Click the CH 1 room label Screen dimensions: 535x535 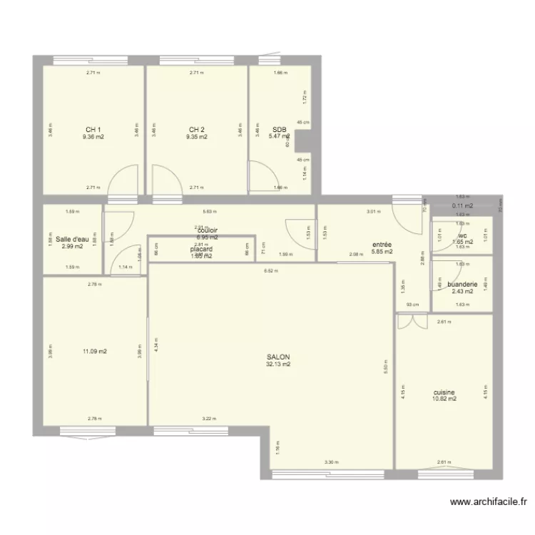(x=93, y=130)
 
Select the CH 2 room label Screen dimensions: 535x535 (x=197, y=130)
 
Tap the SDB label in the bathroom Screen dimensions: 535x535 (x=279, y=130)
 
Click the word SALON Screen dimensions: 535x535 (x=278, y=357)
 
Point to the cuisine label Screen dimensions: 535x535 (x=444, y=392)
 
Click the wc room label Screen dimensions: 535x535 (x=463, y=235)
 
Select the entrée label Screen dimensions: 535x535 (x=382, y=245)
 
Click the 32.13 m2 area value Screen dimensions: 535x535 (x=278, y=365)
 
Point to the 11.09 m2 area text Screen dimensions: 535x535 (x=94, y=351)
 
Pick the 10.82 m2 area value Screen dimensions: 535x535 (x=444, y=399)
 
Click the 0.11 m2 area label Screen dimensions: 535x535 (x=462, y=206)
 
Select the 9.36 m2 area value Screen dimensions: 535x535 (x=93, y=137)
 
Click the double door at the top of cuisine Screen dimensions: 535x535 (x=407, y=322)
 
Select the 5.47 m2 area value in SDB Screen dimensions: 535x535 (x=279, y=136)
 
